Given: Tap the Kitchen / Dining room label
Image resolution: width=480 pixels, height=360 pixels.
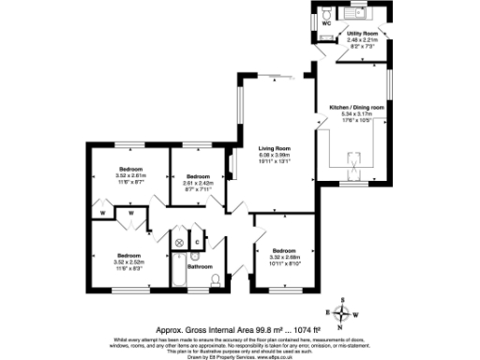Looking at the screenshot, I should [356, 108].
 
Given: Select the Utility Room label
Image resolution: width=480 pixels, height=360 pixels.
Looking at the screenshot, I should [361, 33].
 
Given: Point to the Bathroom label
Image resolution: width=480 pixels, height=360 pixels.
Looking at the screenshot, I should [200, 266].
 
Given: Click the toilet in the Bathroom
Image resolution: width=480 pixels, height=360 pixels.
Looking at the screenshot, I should [216, 280].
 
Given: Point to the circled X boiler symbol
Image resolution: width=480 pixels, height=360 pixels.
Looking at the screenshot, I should [179, 243].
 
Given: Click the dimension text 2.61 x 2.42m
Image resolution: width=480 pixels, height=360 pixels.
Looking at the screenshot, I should [198, 183].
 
